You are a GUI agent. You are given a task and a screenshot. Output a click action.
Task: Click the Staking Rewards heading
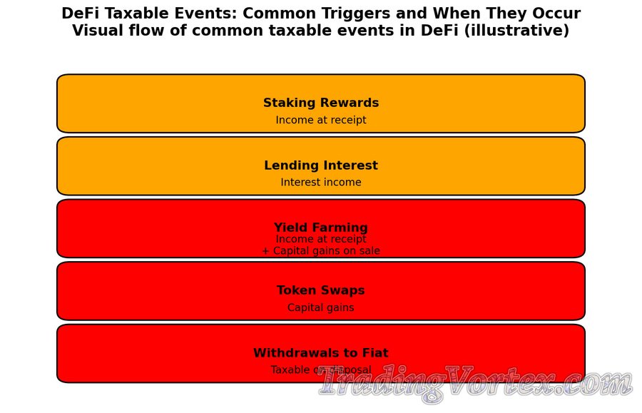click(321, 103)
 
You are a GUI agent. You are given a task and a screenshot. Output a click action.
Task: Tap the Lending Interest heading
click(321, 165)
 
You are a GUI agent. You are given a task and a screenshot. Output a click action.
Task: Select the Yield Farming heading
click(321, 228)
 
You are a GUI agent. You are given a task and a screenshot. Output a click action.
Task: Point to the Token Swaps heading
click(321, 291)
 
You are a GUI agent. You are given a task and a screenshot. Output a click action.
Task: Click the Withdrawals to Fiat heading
click(321, 353)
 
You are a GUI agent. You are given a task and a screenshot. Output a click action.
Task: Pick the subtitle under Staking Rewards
click(321, 121)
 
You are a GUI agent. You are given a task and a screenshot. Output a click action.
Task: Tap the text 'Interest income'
click(321, 183)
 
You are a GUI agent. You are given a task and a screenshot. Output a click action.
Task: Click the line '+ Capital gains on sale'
click(321, 251)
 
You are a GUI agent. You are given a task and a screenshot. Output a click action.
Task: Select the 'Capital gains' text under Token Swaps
click(321, 308)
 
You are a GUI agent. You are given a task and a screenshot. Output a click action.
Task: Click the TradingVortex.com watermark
click(474, 384)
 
